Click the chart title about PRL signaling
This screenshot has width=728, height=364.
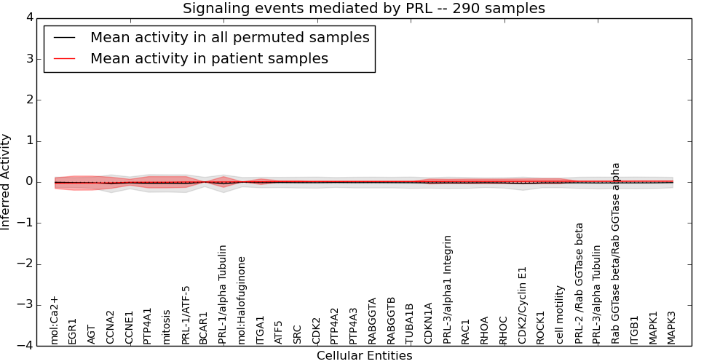click(x=363, y=9)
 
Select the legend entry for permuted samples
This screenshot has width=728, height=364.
click(x=229, y=37)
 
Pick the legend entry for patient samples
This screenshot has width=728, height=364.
click(x=209, y=59)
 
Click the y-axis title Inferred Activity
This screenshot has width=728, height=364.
click(x=6, y=181)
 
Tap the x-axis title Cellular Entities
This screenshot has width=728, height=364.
click(x=364, y=356)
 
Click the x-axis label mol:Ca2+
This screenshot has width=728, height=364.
click(x=55, y=320)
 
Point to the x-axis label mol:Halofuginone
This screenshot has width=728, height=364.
click(x=242, y=300)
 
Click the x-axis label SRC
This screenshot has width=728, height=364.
click(x=298, y=334)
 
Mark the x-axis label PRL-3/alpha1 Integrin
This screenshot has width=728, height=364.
click(x=447, y=289)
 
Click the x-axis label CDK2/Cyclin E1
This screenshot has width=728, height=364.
click(x=522, y=305)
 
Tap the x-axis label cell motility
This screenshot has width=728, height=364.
click(x=560, y=314)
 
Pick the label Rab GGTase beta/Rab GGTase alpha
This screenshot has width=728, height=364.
click(x=616, y=253)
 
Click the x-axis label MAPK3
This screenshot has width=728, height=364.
click(x=671, y=328)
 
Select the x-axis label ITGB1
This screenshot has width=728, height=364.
click(x=634, y=329)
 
